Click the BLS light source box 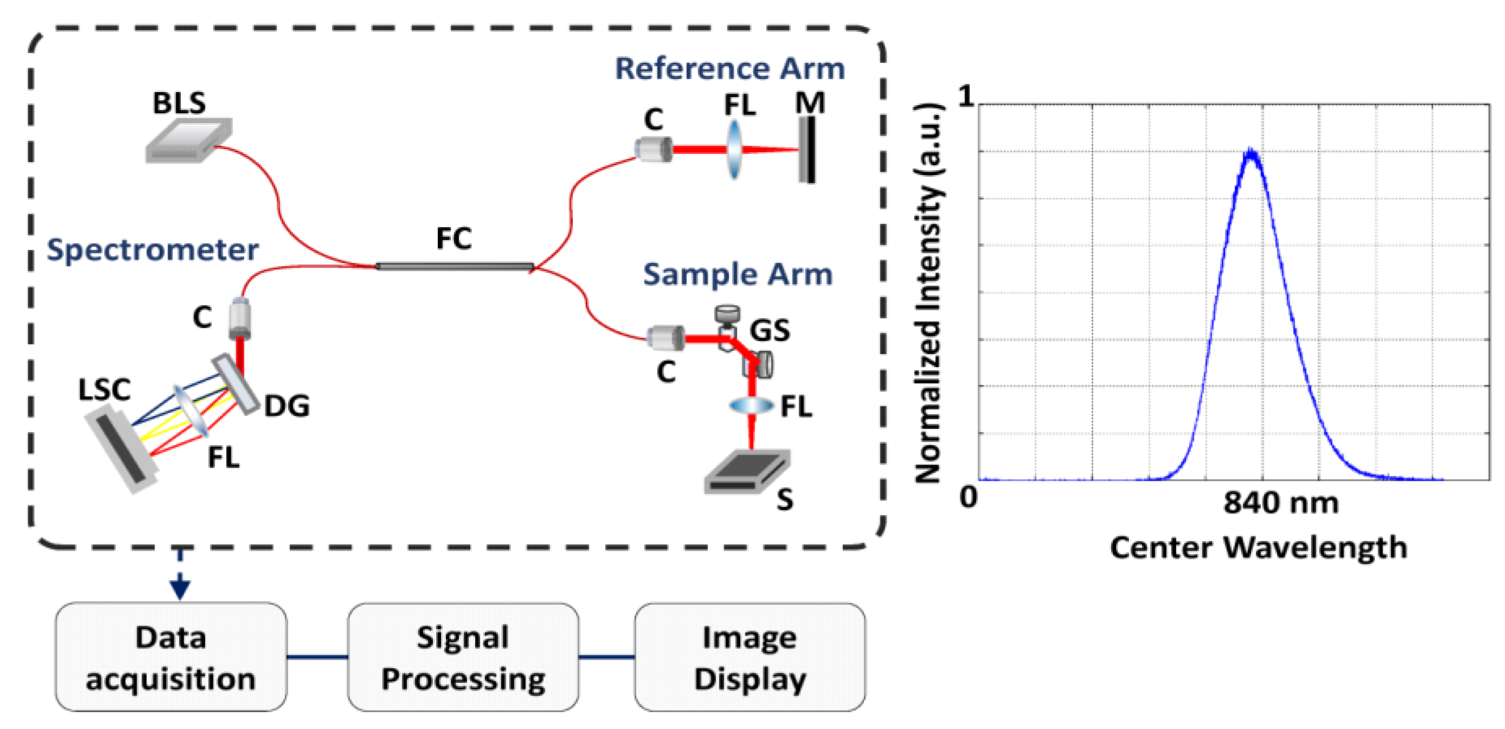(188, 140)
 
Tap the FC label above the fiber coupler (453, 238)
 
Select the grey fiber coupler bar (455, 267)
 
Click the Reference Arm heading (730, 69)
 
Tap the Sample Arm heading (737, 275)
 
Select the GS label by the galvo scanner (769, 330)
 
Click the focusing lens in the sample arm (751, 405)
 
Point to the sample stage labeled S (747, 471)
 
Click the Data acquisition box (171, 657)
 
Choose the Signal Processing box (463, 657)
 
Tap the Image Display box (750, 657)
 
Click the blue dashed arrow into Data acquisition (180, 576)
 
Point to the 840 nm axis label (1281, 503)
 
